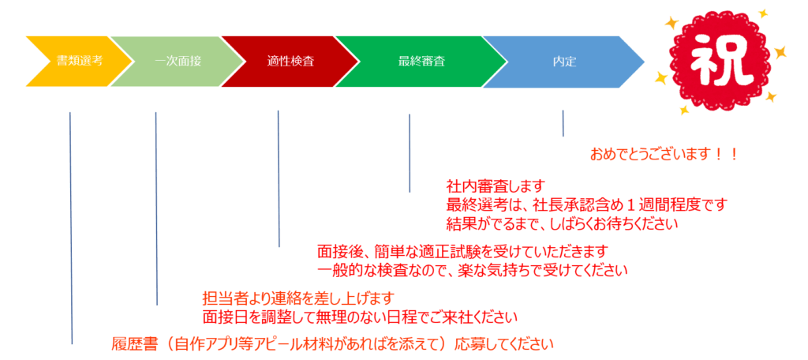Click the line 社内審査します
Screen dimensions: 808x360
(x=496, y=186)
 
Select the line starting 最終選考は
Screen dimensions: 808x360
(x=586, y=204)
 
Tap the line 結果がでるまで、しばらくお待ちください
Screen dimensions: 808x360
(x=562, y=224)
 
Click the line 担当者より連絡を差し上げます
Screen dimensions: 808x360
(x=299, y=298)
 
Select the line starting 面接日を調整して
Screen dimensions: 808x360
(x=360, y=317)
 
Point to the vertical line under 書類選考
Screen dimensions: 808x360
(x=70, y=228)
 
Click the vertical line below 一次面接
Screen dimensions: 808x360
(x=156, y=208)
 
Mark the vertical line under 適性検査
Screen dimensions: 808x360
(x=279, y=178)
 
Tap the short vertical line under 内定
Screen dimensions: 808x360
(x=563, y=123)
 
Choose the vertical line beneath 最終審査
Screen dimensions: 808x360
(x=410, y=153)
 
